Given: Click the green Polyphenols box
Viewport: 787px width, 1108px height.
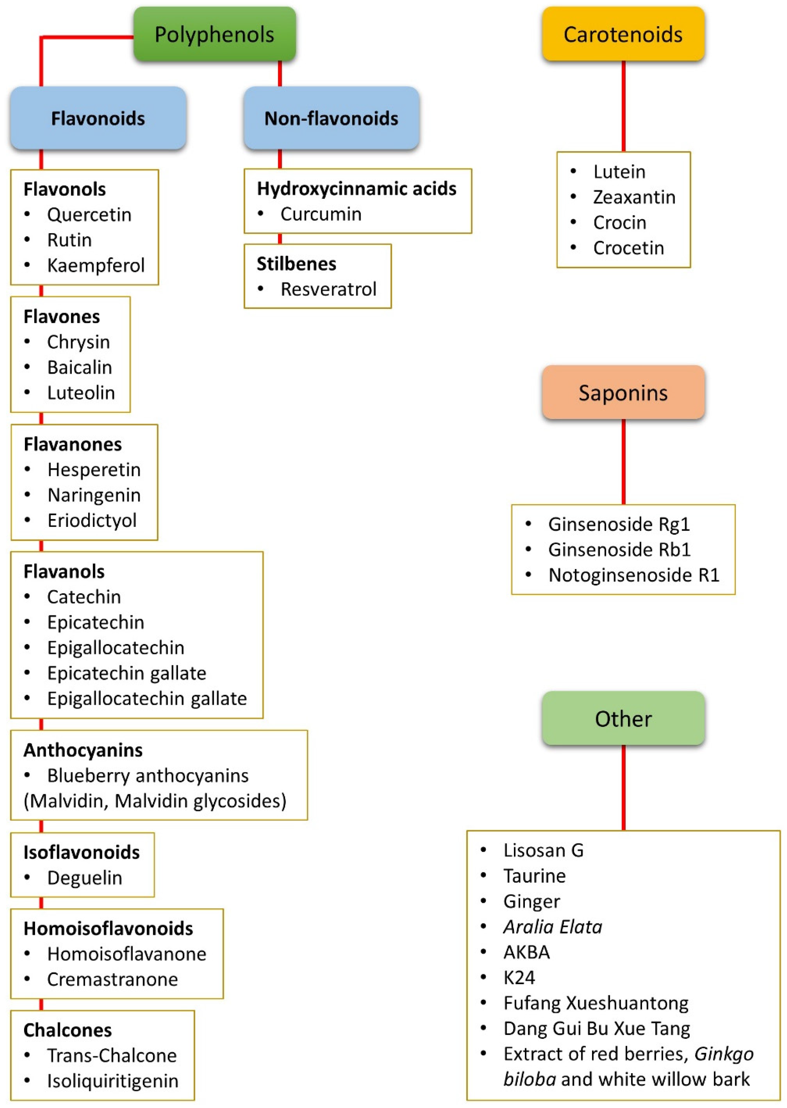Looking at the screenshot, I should click(215, 34).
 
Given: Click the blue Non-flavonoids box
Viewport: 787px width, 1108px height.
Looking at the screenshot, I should click(331, 118).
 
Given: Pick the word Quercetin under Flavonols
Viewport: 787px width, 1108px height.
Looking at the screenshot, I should click(89, 215).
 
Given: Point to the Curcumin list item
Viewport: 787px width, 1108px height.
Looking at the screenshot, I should click(321, 214).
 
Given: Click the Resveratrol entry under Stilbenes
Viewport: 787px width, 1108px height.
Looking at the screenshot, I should click(328, 289).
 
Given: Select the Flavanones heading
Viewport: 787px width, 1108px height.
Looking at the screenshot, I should click(73, 444).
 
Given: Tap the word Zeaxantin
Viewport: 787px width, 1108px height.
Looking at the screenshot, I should click(634, 197).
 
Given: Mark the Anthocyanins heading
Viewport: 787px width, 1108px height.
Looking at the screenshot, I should click(83, 750).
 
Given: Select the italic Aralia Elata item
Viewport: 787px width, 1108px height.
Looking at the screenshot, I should click(552, 927).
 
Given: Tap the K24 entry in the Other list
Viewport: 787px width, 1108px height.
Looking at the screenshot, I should click(519, 978).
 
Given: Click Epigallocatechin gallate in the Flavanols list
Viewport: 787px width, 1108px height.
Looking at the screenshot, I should click(147, 698).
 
